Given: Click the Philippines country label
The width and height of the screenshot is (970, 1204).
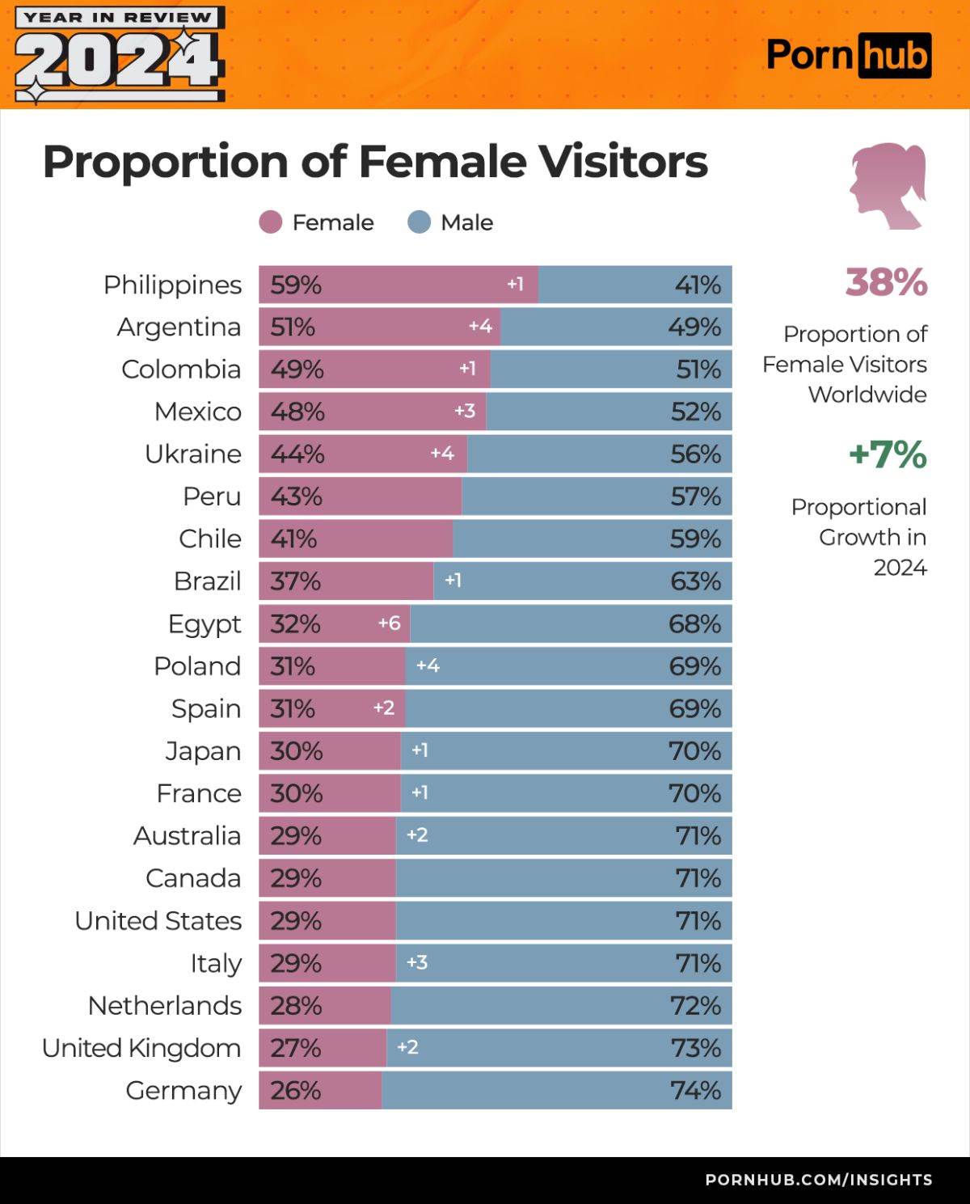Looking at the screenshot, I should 172,285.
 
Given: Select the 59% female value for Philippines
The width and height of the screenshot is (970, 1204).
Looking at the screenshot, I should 296,285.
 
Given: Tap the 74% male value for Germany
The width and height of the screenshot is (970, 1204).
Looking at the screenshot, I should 695,1090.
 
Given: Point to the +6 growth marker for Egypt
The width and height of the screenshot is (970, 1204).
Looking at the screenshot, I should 389,623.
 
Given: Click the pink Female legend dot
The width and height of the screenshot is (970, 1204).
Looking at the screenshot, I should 271,222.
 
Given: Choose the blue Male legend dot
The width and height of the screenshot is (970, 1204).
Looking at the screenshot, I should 420,222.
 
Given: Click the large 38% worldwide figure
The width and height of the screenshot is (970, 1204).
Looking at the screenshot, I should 886,282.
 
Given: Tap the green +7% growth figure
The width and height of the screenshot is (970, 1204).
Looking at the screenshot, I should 887,454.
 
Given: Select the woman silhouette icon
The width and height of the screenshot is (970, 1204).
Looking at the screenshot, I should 887,186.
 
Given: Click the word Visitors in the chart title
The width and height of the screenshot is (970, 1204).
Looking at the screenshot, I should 623,161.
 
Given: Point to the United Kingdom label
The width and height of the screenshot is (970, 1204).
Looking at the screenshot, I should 141,1048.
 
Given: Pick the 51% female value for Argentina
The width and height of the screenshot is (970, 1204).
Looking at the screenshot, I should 293,327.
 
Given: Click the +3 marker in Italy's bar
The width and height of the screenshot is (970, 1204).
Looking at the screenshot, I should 416,962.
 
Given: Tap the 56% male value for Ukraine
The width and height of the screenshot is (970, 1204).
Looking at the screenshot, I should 695,454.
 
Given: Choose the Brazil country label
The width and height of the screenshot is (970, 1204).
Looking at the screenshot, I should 207,581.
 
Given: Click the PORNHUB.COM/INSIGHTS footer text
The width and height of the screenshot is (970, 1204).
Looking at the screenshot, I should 818,1180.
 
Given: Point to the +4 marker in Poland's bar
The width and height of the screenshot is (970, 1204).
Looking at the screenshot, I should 428,665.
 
